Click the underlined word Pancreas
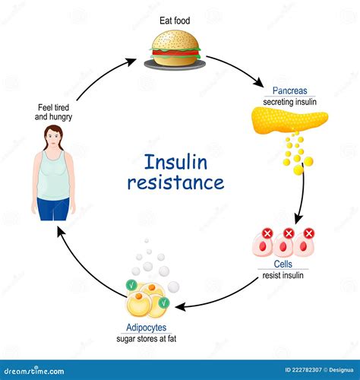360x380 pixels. [280, 90]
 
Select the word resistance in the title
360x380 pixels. [176, 182]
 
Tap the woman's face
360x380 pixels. [52, 137]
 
